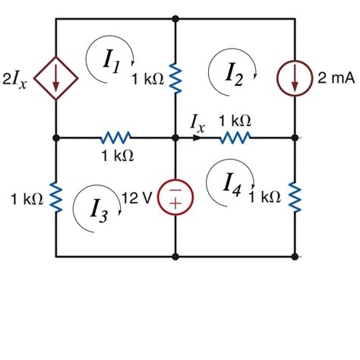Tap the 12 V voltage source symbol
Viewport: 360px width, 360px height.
[175, 197]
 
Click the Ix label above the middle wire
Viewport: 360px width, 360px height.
[197, 122]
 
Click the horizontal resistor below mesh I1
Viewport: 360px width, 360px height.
[116, 138]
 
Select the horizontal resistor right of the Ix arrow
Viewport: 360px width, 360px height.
[235, 138]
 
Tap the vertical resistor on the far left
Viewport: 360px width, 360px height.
[56, 198]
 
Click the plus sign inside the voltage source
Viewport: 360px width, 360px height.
[175, 204]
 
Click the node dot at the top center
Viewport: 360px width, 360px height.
[175, 18]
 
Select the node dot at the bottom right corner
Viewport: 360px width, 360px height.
[295, 257]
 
